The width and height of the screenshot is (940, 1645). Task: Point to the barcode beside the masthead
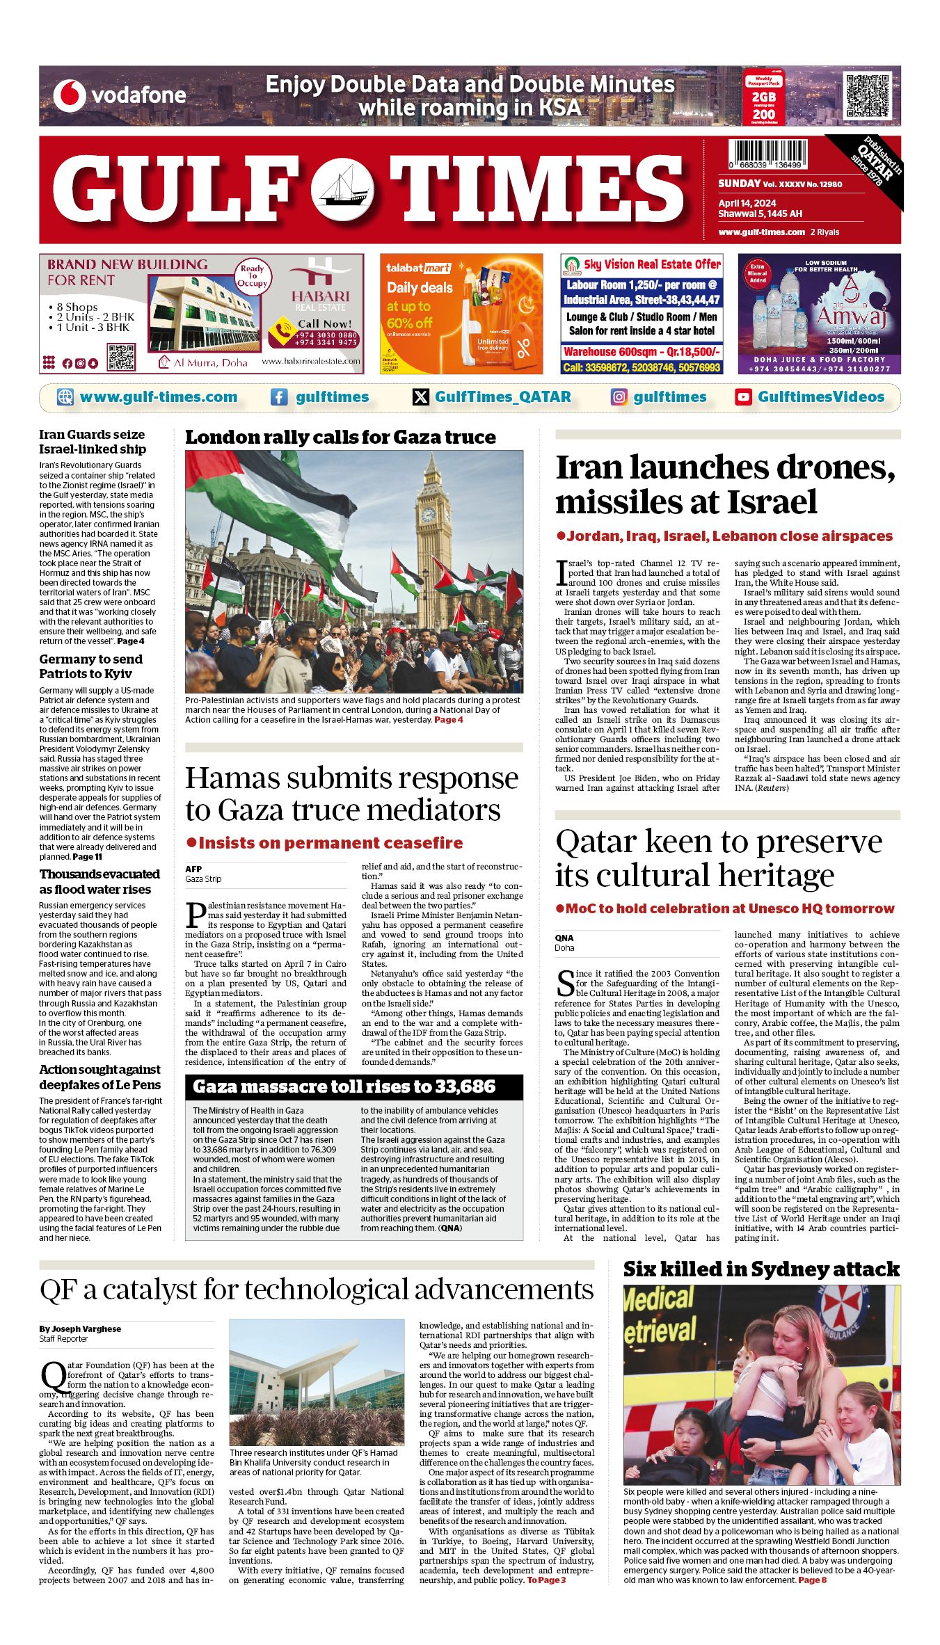(768, 153)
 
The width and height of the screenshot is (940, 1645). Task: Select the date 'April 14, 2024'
(747, 203)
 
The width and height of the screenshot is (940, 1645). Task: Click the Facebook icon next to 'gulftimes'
(278, 397)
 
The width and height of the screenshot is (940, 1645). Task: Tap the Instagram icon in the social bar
(619, 397)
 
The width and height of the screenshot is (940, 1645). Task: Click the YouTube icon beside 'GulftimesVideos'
(743, 397)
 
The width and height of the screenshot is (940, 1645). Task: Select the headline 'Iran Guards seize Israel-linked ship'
(93, 442)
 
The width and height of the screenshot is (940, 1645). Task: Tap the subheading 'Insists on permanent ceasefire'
(330, 843)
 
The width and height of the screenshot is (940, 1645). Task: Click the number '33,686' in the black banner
(459, 1086)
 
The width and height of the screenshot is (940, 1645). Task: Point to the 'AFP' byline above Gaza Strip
(193, 869)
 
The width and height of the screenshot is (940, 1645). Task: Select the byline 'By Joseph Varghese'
(80, 1329)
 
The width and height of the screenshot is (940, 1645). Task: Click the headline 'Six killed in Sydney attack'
(761, 1269)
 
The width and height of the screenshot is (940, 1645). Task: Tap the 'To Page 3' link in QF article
(546, 1580)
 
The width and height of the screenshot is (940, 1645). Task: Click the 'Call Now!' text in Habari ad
(325, 323)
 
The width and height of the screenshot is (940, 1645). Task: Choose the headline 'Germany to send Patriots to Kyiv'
(90, 666)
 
